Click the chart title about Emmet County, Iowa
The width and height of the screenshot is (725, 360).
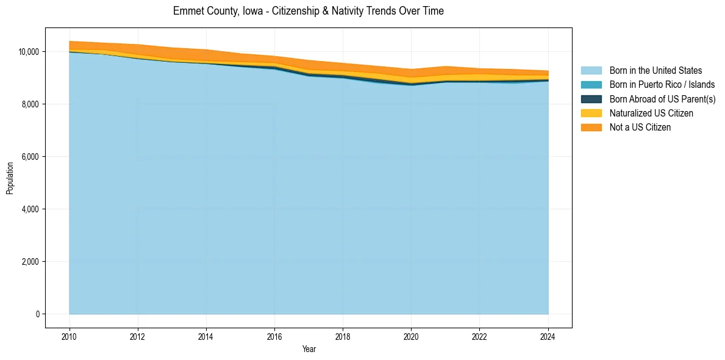pos(308,11)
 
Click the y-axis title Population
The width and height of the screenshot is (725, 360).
pos(10,178)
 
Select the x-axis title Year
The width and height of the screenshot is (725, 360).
pos(309,349)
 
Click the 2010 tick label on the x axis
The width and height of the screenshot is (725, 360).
pos(70,336)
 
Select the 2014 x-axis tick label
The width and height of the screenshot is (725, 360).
pos(206,336)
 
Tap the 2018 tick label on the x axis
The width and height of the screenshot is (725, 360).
pos(343,336)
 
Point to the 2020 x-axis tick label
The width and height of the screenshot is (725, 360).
pos(411,336)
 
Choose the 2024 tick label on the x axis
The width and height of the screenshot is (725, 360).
pos(548,336)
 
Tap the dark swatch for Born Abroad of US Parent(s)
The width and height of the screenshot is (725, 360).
pos(591,99)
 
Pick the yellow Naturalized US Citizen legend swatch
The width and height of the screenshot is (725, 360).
pos(591,113)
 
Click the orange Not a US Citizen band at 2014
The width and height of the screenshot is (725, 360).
pos(206,55)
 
